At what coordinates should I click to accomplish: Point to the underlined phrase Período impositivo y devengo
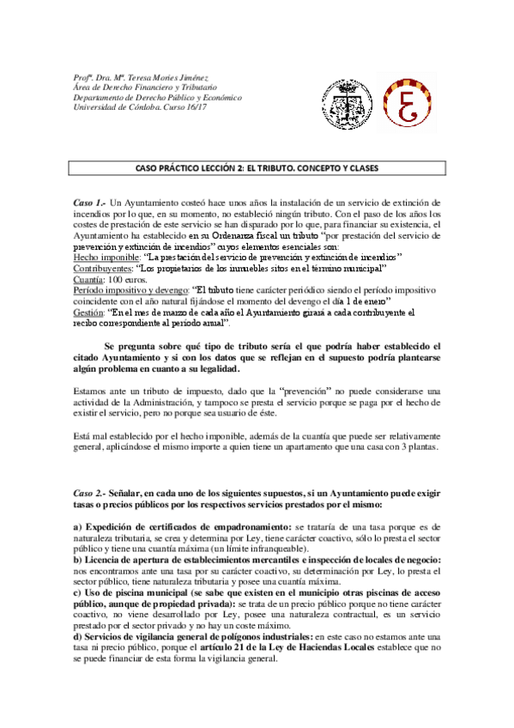point(130,290)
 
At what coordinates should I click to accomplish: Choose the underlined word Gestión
point(89,312)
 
